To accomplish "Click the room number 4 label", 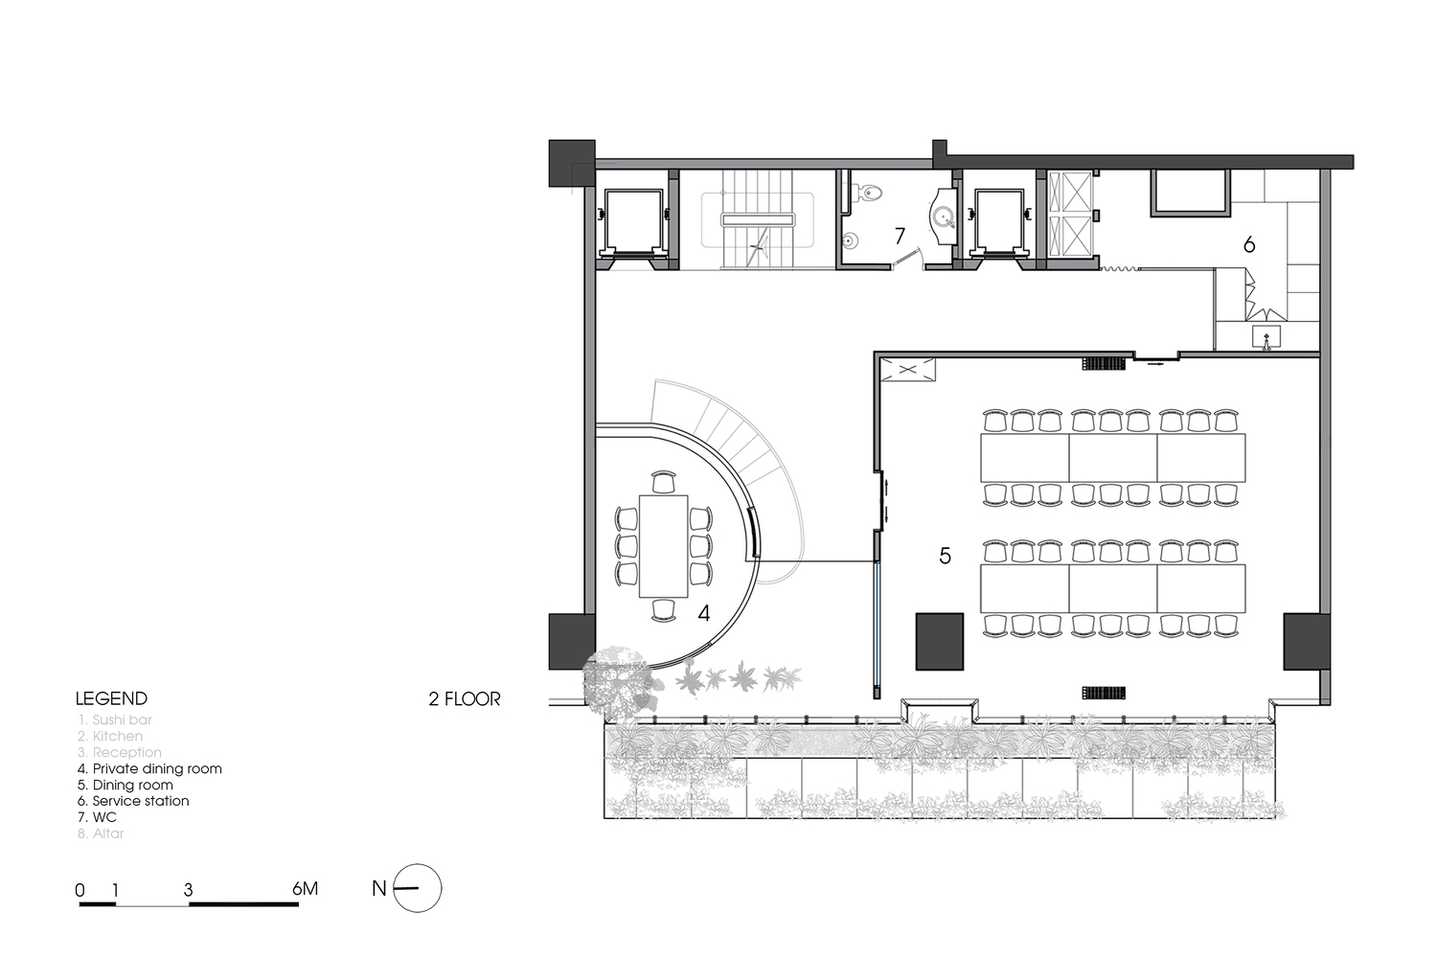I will (x=704, y=613).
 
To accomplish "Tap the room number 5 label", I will (x=945, y=556).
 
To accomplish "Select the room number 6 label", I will (x=1249, y=245).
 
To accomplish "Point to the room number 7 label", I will (x=900, y=235).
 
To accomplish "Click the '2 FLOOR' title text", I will (x=465, y=699).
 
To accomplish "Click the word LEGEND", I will (x=111, y=698).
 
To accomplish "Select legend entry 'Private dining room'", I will (x=149, y=768).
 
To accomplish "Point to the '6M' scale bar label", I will (x=305, y=889).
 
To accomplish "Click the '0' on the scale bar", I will (x=80, y=890).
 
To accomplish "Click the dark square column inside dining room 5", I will (x=939, y=641).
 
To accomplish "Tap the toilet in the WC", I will (x=870, y=193).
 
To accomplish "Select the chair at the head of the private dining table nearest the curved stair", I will (x=663, y=480).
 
